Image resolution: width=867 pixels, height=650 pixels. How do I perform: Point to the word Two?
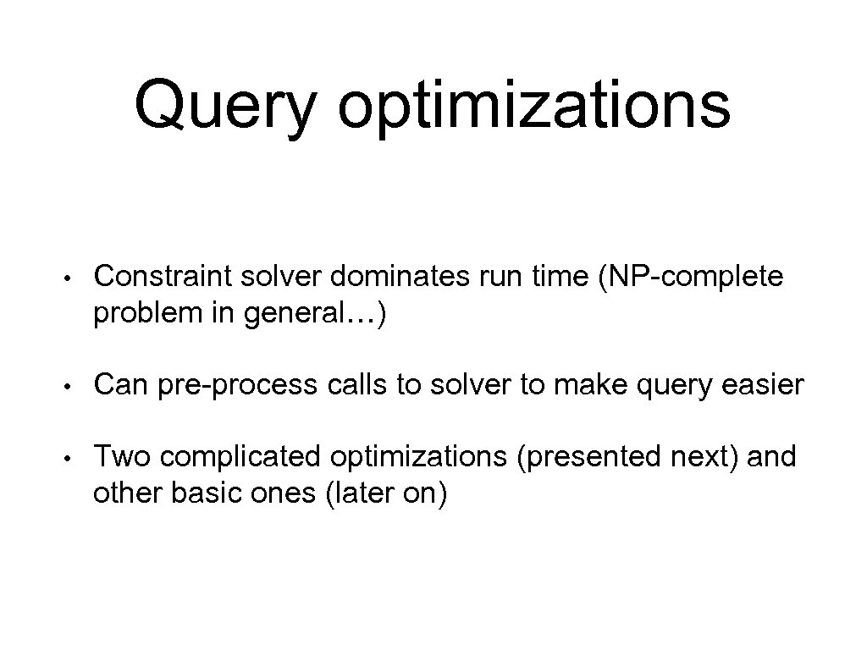coord(122,458)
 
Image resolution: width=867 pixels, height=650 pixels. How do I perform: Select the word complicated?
coord(240,458)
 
